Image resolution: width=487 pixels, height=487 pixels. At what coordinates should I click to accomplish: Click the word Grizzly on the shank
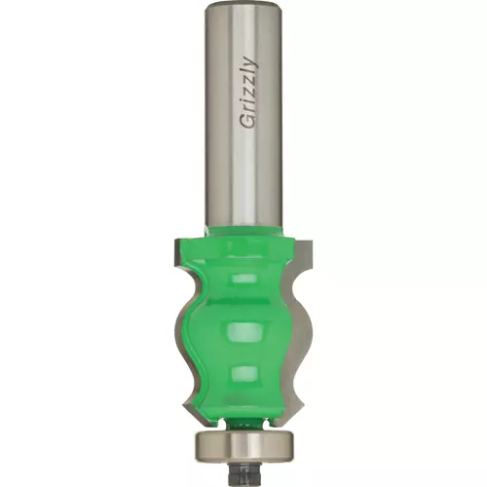click(248, 93)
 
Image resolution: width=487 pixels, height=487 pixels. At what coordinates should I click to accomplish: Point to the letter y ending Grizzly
click(251, 62)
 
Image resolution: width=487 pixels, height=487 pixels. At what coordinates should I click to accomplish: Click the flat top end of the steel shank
click(245, 5)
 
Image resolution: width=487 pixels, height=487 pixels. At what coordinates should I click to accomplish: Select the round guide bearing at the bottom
click(245, 445)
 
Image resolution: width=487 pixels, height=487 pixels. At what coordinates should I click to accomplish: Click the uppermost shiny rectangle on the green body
click(244, 279)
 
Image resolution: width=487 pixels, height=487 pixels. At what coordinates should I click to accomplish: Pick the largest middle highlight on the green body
click(244, 333)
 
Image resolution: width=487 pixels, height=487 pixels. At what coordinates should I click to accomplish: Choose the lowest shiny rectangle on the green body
click(245, 373)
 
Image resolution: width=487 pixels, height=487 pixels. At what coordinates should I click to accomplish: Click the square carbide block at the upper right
click(304, 250)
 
